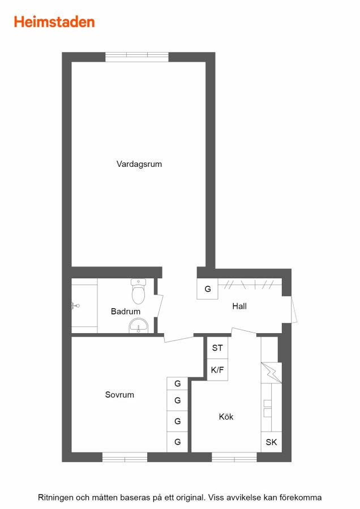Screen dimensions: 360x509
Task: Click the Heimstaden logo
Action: click(x=54, y=22)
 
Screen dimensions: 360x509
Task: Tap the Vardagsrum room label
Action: click(x=139, y=164)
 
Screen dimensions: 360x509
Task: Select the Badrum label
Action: click(x=126, y=311)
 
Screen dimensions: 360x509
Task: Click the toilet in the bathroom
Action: click(x=139, y=291)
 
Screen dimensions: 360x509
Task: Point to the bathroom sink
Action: click(x=139, y=325)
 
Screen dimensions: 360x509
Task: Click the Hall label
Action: click(x=239, y=306)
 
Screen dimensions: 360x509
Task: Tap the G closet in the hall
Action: click(x=208, y=288)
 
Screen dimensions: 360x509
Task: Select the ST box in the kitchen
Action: click(x=217, y=348)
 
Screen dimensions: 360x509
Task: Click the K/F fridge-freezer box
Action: click(x=217, y=370)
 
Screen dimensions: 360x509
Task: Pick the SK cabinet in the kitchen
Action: click(x=271, y=442)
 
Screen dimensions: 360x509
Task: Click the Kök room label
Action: click(x=226, y=416)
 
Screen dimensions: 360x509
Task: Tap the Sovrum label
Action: click(x=119, y=395)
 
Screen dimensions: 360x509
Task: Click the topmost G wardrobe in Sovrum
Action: click(x=177, y=383)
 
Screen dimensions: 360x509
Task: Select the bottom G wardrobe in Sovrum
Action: click(x=177, y=442)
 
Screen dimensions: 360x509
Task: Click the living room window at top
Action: click(x=137, y=57)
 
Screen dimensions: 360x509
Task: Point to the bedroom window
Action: click(x=125, y=457)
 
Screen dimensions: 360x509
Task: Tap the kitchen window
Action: click(x=234, y=457)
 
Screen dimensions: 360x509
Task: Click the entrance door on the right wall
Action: click(x=294, y=309)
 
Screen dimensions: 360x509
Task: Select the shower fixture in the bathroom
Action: click(x=75, y=305)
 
